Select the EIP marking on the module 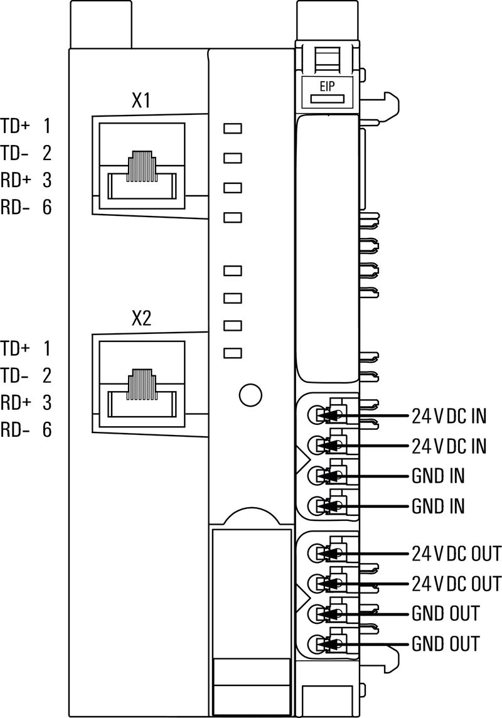pyautogui.click(x=327, y=87)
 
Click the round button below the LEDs pyautogui.click(x=250, y=394)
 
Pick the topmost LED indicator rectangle pyautogui.click(x=233, y=129)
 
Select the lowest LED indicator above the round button pyautogui.click(x=233, y=353)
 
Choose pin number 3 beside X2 pyautogui.click(x=46, y=402)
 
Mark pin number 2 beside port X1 pyautogui.click(x=46, y=153)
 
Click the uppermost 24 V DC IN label pyautogui.click(x=449, y=415)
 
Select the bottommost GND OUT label pyautogui.click(x=446, y=643)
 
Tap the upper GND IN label pyautogui.click(x=438, y=476)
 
